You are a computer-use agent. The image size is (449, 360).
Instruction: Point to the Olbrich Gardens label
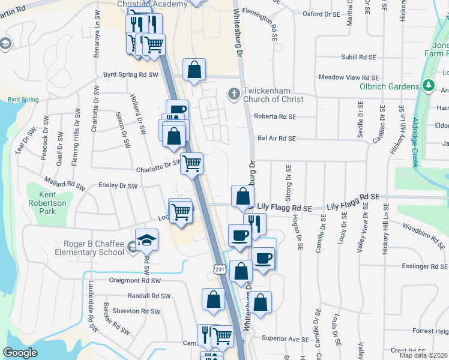click(388, 86)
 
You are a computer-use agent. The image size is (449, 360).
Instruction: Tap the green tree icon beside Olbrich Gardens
click(428, 86)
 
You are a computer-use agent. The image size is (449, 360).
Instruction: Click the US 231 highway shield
click(220, 270)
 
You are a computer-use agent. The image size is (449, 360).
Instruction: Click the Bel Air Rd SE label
click(277, 138)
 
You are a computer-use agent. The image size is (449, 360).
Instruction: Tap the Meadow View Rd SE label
click(349, 77)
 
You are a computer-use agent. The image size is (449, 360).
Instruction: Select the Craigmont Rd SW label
click(136, 280)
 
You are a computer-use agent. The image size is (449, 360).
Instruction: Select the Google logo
click(20, 353)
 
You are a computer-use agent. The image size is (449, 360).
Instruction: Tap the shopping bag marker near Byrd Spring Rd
click(194, 70)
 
